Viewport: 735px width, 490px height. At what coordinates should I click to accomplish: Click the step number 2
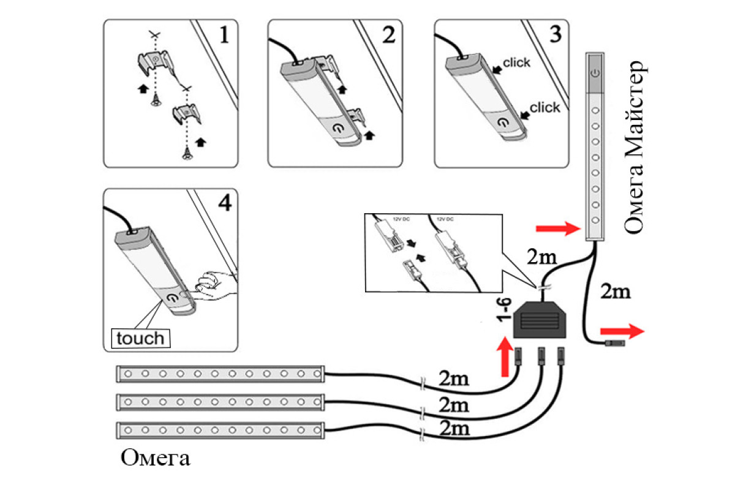[x=388, y=36]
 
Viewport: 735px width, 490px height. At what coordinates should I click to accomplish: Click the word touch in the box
[x=140, y=338]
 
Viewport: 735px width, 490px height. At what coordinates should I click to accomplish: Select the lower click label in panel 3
[x=545, y=108]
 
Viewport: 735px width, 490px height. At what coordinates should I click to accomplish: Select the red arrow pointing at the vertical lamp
[x=557, y=229]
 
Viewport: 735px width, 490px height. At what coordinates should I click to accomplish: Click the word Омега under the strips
[x=156, y=458]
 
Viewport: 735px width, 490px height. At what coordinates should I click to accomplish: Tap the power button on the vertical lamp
[x=594, y=72]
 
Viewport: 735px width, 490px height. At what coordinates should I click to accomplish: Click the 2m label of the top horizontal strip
[x=454, y=379]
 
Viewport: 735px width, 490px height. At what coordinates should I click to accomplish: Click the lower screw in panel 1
[x=186, y=156]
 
